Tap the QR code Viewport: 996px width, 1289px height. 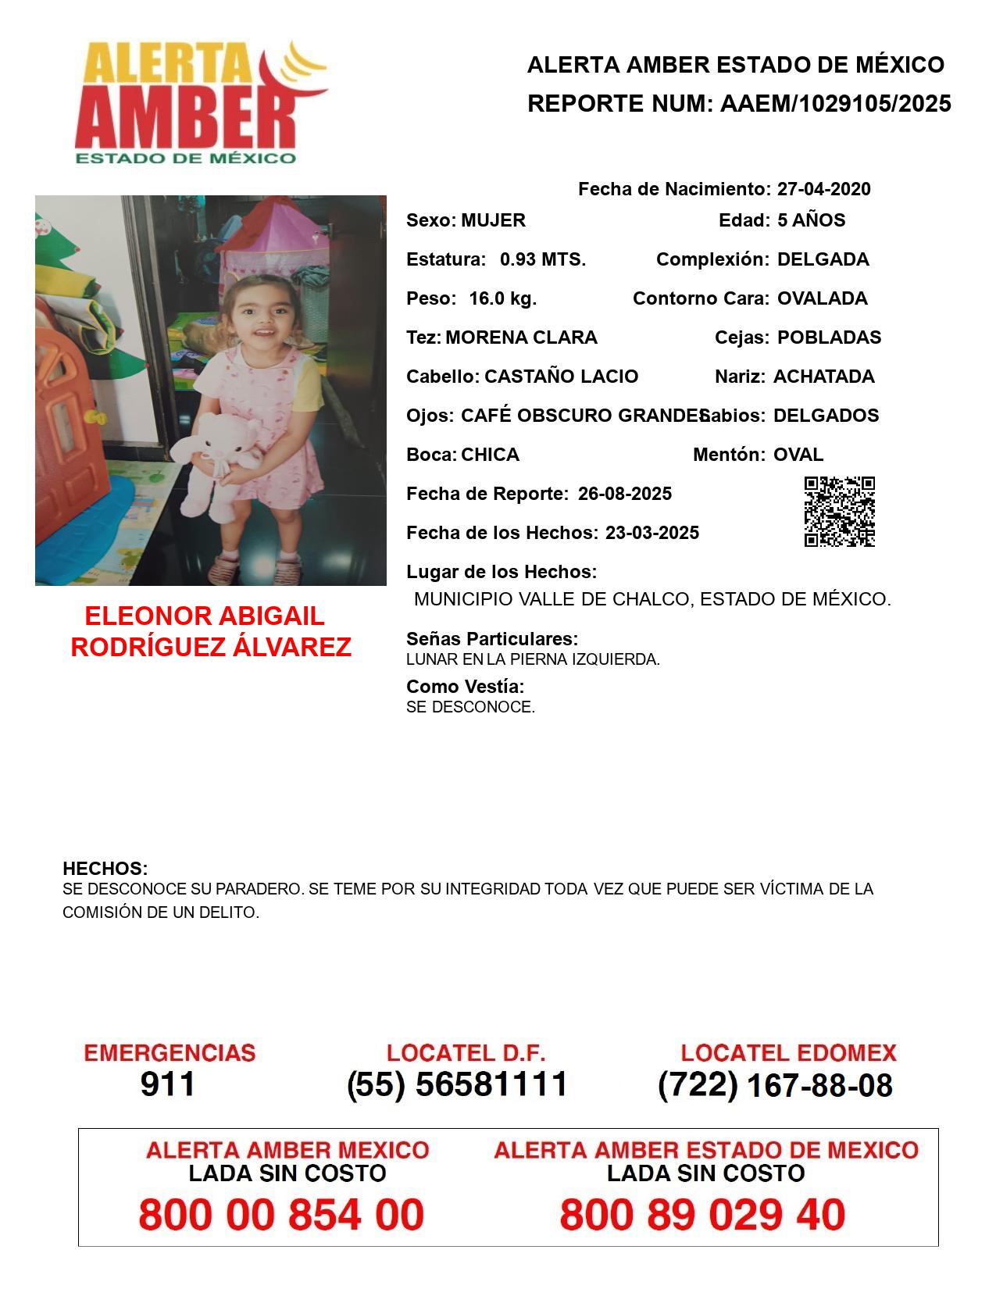tap(839, 512)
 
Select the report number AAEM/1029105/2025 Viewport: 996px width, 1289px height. tap(835, 104)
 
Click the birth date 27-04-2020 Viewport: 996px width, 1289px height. tap(823, 189)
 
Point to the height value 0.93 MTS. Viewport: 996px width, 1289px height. tap(543, 259)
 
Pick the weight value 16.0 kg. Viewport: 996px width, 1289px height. tap(502, 298)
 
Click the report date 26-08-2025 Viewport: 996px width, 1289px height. tap(625, 494)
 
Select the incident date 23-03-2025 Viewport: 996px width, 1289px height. tap(652, 533)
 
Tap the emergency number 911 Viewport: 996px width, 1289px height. tap(167, 1084)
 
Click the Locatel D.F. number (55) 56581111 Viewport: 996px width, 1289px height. tap(458, 1084)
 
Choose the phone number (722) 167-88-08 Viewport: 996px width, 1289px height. tap(775, 1085)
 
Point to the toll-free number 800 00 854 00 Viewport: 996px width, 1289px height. tap(281, 1215)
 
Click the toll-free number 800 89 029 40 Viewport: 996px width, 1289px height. tap(702, 1215)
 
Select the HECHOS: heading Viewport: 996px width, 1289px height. tap(105, 869)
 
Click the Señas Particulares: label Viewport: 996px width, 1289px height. tap(492, 639)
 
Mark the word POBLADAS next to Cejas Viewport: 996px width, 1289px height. tap(829, 337)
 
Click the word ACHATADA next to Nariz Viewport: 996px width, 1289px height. tap(823, 377)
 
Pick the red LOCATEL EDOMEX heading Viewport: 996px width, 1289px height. tap(788, 1053)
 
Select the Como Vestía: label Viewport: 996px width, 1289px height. tap(466, 687)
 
